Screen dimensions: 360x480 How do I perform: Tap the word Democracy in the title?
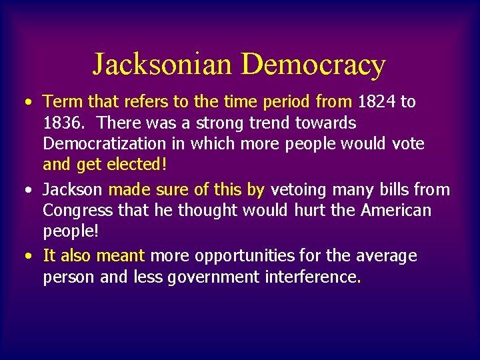[313, 65]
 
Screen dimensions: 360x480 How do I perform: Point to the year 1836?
[61, 123]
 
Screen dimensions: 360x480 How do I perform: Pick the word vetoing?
[297, 190]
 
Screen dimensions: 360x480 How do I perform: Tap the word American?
[396, 211]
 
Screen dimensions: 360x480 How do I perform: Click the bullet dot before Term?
[27, 103]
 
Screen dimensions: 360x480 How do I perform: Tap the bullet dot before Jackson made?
[27, 191]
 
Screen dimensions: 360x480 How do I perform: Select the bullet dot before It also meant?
[27, 257]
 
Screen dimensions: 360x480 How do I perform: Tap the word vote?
[409, 144]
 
